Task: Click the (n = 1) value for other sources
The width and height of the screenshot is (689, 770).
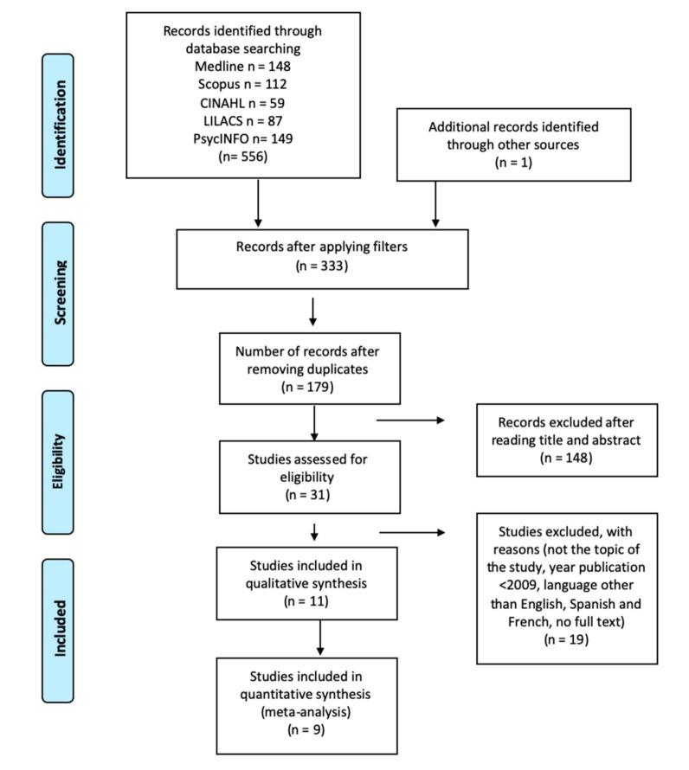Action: pos(513,161)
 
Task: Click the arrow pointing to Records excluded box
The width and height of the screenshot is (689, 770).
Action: pos(409,421)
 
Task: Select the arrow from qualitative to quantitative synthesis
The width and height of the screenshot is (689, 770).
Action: pos(320,638)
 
